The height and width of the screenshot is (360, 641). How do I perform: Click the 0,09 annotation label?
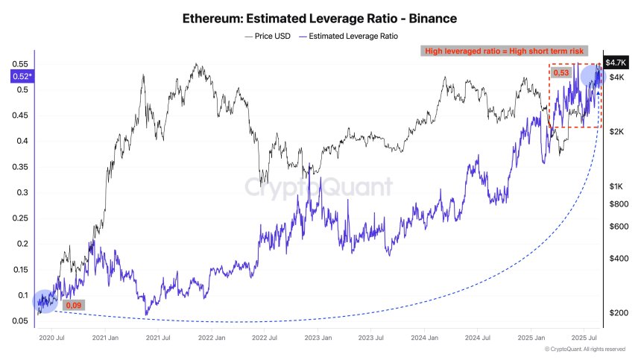point(74,305)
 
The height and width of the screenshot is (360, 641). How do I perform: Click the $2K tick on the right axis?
point(616,132)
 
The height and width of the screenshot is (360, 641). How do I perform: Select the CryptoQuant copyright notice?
point(584,349)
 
